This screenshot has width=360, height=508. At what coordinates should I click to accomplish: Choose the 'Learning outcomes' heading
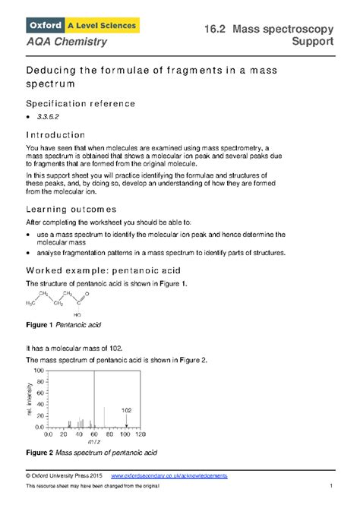pos(71,208)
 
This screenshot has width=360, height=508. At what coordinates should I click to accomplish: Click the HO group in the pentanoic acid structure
pos(77,314)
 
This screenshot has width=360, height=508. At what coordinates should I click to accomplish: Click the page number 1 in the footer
pos(332,486)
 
